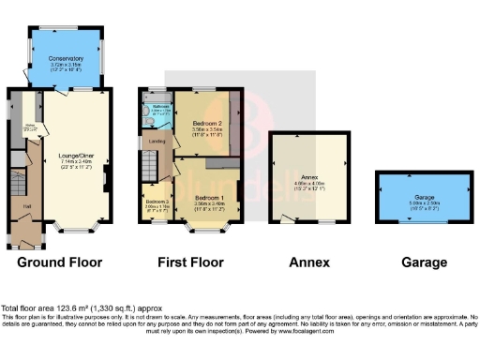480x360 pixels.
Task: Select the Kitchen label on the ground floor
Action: click(30, 126)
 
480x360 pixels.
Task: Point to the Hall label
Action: click(26, 204)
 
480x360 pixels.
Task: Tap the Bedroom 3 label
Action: click(156, 202)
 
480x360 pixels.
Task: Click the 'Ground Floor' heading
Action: click(60, 263)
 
